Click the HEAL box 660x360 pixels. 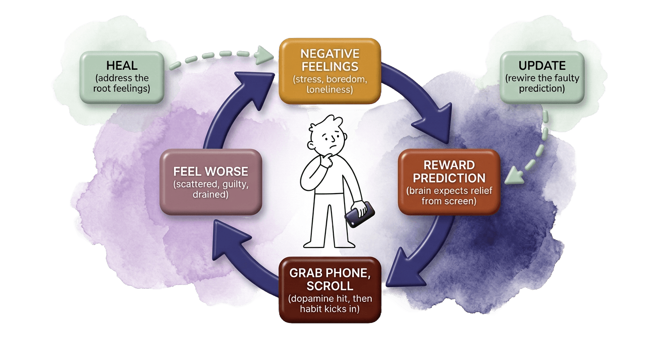(x=121, y=77)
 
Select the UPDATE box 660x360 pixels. (x=542, y=77)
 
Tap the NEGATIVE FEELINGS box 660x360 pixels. (x=330, y=71)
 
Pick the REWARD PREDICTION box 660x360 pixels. (x=448, y=181)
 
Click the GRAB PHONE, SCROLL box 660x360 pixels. (x=330, y=289)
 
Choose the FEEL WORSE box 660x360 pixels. (x=210, y=181)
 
